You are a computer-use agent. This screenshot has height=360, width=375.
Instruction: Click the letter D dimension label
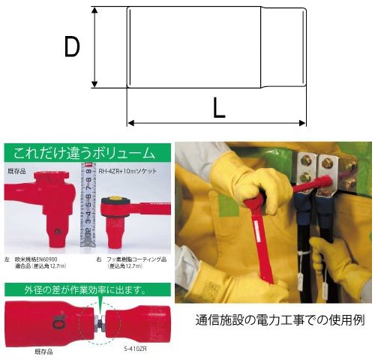(x=72, y=48)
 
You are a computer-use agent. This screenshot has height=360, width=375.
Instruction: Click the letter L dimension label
(x=218, y=109)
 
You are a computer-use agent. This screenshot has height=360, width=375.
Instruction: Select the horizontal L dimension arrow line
(x=217, y=122)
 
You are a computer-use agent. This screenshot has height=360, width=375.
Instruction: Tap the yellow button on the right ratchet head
(x=115, y=200)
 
